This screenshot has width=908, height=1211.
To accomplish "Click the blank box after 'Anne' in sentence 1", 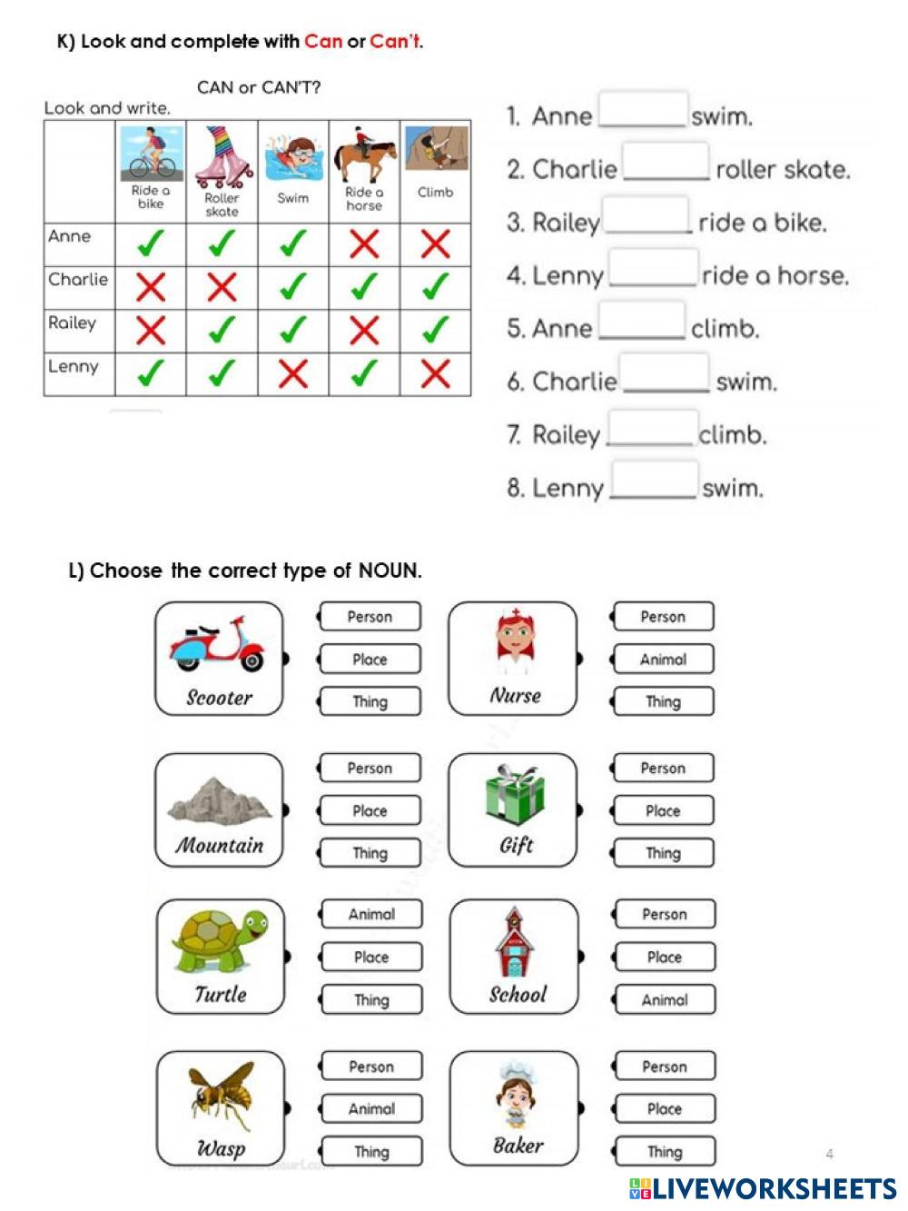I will pyautogui.click(x=642, y=109).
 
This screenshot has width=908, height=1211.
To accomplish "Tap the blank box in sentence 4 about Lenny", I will pyautogui.click(x=653, y=268).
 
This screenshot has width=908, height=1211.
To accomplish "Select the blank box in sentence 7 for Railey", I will pyautogui.click(x=651, y=428).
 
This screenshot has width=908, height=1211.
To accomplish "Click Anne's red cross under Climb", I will pyautogui.click(x=436, y=244).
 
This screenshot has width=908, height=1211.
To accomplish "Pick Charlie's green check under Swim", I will pyautogui.click(x=292, y=288).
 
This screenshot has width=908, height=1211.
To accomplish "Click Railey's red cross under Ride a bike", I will pyautogui.click(x=151, y=331).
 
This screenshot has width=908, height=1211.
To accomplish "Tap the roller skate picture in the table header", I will pyautogui.click(x=222, y=156).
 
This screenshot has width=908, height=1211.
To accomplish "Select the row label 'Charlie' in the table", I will pyautogui.click(x=78, y=280).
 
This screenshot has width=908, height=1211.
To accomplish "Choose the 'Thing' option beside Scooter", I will pyautogui.click(x=370, y=701).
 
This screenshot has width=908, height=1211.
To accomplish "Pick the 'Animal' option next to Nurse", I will pyautogui.click(x=664, y=660).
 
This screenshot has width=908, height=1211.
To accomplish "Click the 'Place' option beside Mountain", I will pyautogui.click(x=370, y=810).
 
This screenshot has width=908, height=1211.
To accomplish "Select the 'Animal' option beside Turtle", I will pyautogui.click(x=371, y=914).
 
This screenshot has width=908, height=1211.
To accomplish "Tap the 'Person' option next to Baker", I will pyautogui.click(x=665, y=1067).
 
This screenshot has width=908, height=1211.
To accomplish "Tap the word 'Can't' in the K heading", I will pyautogui.click(x=395, y=41).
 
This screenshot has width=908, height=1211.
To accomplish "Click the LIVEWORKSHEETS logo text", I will pyautogui.click(x=772, y=1188).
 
